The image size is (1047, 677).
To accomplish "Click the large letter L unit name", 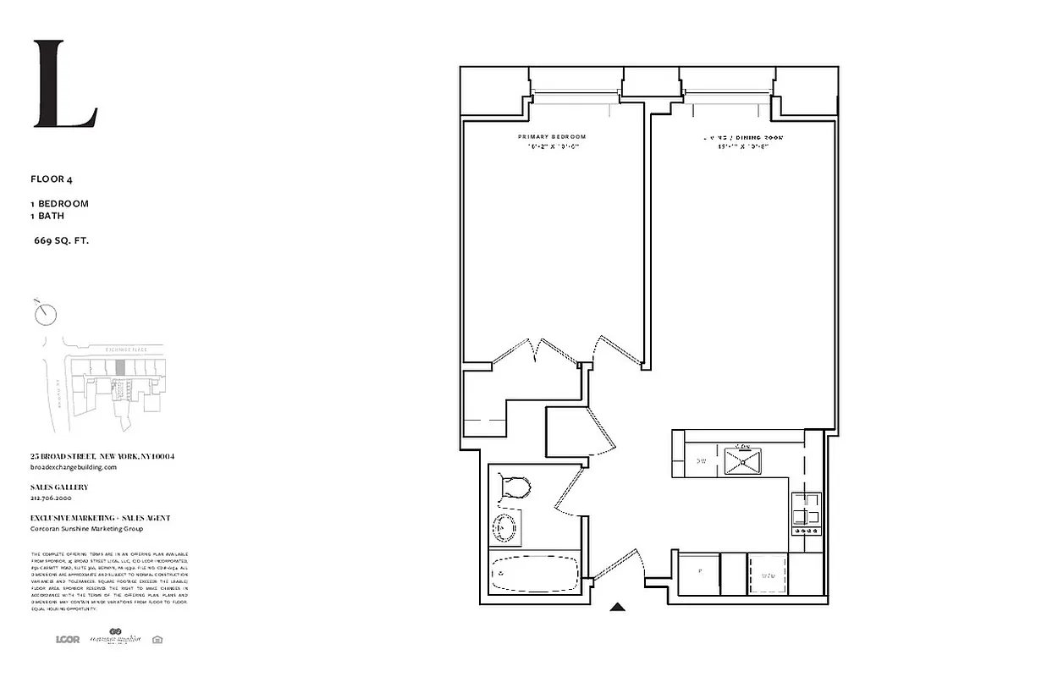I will (x=64, y=85).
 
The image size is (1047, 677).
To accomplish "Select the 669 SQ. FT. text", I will (x=61, y=240).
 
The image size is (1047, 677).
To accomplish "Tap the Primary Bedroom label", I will (x=551, y=136).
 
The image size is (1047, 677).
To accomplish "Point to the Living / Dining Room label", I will (x=743, y=136).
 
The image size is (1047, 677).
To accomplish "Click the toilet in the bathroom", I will (x=515, y=487).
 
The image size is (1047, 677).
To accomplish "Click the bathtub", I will (x=533, y=573).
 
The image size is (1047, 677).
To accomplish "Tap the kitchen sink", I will (x=744, y=461).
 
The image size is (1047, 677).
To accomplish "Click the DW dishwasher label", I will (x=701, y=461).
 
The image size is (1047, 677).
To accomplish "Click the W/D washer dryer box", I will (x=768, y=575).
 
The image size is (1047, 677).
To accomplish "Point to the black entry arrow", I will (x=619, y=606).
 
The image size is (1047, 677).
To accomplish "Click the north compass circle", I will (x=47, y=315).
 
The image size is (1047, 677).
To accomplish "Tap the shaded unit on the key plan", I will (x=120, y=368).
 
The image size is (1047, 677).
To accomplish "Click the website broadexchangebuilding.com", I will (x=73, y=467).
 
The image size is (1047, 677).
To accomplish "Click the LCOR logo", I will (x=67, y=639).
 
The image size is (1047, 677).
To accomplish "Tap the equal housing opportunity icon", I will (x=157, y=640).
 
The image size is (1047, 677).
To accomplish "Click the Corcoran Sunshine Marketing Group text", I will (x=86, y=529).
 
